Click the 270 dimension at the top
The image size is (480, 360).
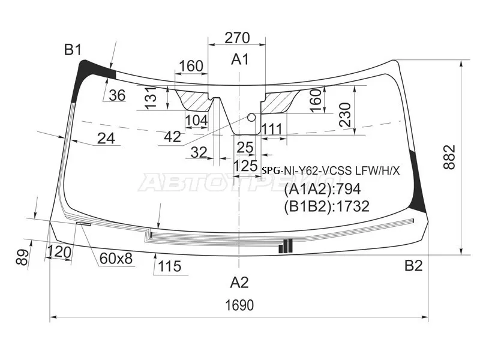(237, 38)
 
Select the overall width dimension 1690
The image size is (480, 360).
(239, 305)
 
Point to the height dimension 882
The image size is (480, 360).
(449, 157)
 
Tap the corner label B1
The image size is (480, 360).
(73, 49)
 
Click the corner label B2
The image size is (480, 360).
(413, 265)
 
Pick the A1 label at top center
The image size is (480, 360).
(240, 59)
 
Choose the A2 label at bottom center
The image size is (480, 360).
(239, 282)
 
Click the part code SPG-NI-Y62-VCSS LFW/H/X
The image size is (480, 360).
(331, 170)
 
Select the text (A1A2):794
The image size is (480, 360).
(322, 189)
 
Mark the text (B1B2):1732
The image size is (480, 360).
(326, 206)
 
